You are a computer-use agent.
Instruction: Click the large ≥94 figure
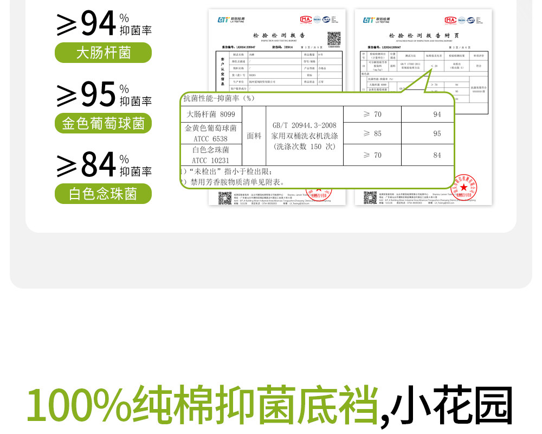87,24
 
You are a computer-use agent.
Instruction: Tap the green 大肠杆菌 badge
103,53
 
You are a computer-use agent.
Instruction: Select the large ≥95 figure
87,94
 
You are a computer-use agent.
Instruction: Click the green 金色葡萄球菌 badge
103,123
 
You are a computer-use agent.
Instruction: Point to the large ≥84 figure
87,165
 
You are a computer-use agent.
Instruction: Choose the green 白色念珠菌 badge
103,194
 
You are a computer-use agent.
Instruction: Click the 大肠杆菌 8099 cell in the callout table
211,114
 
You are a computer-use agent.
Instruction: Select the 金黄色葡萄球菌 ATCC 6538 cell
211,133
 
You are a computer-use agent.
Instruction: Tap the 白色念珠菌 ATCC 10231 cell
211,155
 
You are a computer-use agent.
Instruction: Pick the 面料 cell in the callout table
254,136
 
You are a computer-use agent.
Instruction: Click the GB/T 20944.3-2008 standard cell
304,136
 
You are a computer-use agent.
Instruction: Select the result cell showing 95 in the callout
437,133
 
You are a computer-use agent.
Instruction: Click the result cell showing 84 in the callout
437,156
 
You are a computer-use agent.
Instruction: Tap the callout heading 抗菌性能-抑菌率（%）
219,98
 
